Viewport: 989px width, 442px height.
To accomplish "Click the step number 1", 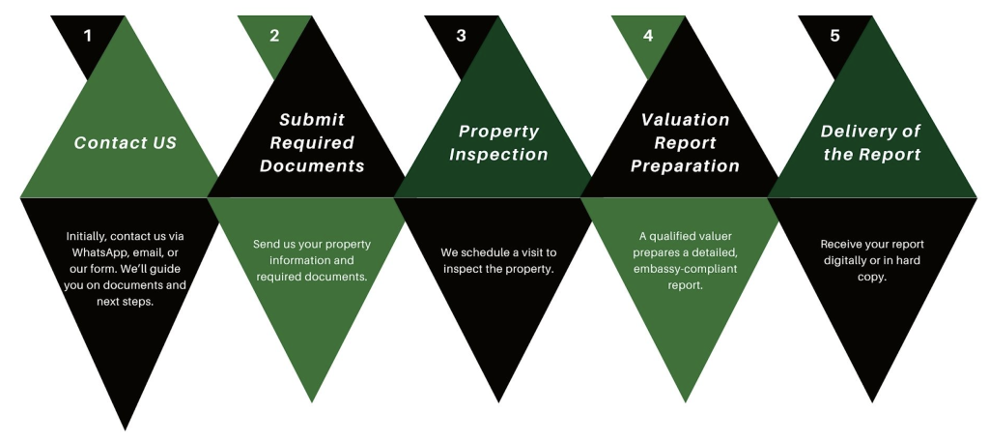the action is [x=88, y=36].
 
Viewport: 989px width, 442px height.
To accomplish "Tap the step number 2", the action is [x=274, y=36].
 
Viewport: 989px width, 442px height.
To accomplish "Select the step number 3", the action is [x=461, y=36].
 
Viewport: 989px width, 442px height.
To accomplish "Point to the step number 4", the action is [x=648, y=36].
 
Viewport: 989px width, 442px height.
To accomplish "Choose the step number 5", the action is [x=835, y=36].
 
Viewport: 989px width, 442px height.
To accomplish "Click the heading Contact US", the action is [x=126, y=143].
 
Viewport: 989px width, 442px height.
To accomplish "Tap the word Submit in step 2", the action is [x=312, y=119].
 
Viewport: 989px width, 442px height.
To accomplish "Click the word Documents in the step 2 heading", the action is [x=312, y=166].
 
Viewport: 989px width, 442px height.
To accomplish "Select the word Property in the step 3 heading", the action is [x=499, y=132].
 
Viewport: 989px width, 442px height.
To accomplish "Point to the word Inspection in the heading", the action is [x=499, y=155].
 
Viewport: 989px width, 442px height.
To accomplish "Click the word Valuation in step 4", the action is [x=686, y=119].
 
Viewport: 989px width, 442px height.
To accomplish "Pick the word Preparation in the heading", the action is [x=686, y=166].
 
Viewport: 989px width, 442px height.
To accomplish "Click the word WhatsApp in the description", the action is [x=96, y=252].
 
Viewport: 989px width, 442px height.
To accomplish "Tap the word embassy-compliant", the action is [x=686, y=269].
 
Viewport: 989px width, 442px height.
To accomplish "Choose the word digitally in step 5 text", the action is [x=846, y=260].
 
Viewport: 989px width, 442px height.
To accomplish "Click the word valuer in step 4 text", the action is [x=717, y=236].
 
